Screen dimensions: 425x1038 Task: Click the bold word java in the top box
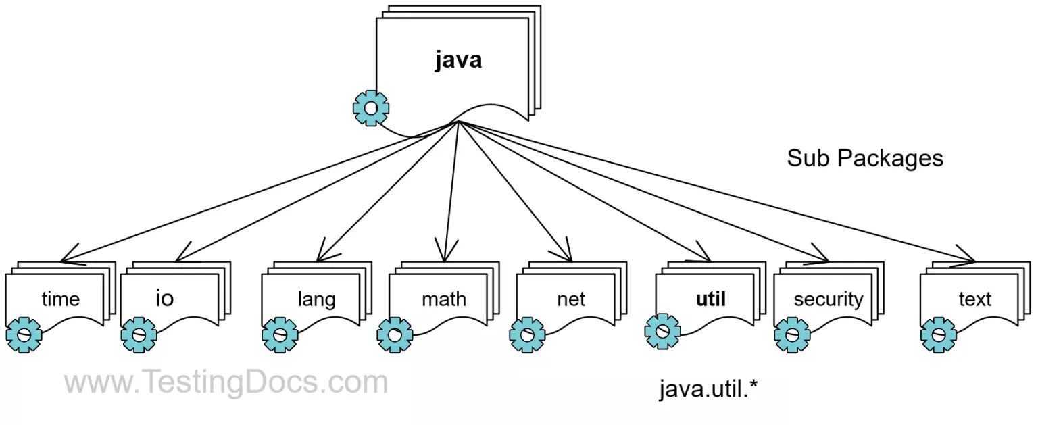458,60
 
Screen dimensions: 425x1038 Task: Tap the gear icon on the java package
370,108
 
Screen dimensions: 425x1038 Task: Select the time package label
61,299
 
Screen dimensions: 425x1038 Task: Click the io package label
165,298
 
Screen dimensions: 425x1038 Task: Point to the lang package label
316,299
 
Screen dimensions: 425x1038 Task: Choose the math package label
444,299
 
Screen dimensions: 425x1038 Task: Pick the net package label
571,299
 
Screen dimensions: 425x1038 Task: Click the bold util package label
711,299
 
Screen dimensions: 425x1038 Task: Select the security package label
829,299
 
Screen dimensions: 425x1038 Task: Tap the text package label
974,299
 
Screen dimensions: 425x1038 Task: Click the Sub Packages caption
864,158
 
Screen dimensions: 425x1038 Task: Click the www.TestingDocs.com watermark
226,383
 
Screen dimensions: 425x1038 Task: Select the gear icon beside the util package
662,330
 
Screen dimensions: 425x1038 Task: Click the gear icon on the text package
938,334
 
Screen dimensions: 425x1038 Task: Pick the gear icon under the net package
527,334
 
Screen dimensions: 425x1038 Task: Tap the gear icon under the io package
139,334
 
